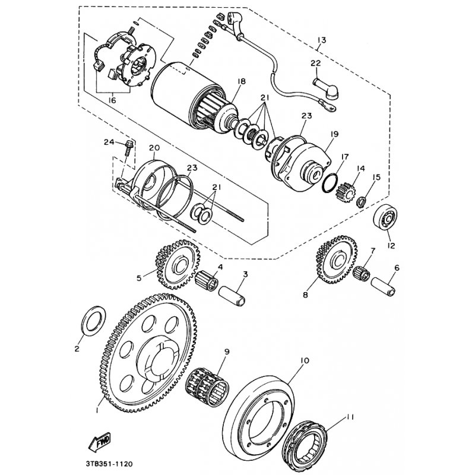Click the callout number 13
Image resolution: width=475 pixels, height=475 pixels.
point(321,40)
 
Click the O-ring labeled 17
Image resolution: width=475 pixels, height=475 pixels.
point(328,185)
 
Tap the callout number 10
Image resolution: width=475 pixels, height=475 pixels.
point(305,360)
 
